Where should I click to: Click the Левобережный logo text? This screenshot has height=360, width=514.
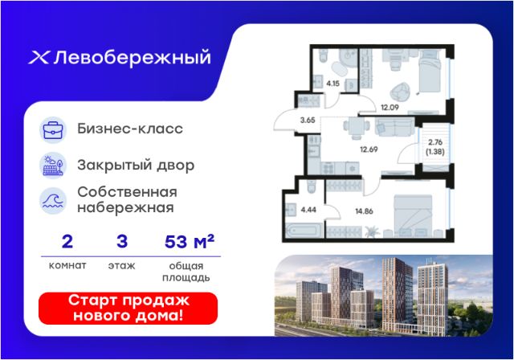132,58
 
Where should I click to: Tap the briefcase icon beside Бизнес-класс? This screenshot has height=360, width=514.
53,129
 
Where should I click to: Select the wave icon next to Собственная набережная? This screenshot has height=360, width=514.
53,201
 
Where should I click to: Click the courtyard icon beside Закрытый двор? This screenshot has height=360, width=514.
53,166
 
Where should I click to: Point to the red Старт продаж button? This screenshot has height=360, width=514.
128,309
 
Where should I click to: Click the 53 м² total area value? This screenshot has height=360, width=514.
190,242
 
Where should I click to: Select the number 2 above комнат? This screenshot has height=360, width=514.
67,242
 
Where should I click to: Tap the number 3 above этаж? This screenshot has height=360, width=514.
122,242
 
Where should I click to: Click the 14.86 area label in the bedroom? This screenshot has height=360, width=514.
364,211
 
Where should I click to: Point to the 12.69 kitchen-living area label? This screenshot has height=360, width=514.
369,149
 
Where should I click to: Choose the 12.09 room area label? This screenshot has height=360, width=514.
390,107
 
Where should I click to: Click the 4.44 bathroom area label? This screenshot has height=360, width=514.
308,210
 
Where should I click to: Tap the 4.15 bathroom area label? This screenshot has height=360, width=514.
332,84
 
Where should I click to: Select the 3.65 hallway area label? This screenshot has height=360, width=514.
308,121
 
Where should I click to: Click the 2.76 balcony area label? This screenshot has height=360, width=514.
435,142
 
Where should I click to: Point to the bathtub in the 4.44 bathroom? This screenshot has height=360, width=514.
304,230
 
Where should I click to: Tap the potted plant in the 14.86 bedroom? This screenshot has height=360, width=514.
372,231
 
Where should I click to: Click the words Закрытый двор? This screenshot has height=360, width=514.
136,166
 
